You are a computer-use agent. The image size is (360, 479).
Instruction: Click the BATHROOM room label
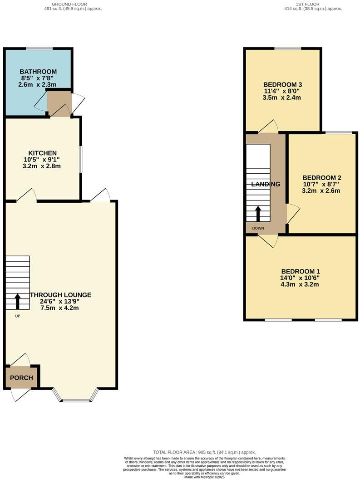(38, 72)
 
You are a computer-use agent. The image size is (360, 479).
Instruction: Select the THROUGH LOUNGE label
(61, 295)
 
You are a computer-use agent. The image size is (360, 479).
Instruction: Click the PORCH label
(21, 378)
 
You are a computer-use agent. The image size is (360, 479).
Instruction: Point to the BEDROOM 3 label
(283, 84)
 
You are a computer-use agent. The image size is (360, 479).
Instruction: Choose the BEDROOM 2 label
(322, 177)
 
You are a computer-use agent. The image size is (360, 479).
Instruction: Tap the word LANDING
(266, 184)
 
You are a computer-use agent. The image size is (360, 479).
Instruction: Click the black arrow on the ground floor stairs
(18, 301)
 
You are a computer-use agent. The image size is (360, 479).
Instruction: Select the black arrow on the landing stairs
(258, 214)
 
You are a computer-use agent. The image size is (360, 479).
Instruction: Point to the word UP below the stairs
(17, 316)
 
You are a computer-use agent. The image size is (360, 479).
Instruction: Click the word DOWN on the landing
(257, 229)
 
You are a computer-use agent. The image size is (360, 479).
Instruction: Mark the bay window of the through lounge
(76, 400)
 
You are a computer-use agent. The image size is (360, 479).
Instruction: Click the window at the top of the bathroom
(39, 49)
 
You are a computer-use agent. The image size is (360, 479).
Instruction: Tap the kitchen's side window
(81, 159)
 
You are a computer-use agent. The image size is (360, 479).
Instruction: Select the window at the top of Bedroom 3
(288, 48)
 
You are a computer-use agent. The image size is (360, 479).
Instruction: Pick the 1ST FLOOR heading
(307, 4)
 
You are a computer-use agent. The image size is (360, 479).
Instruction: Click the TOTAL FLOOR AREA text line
(204, 452)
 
